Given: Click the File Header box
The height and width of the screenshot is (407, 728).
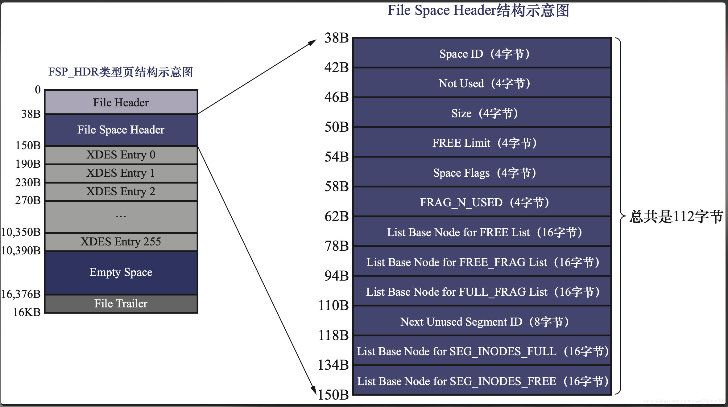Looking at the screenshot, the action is click(x=121, y=102).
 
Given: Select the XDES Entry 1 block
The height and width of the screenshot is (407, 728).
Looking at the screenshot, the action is click(x=121, y=173).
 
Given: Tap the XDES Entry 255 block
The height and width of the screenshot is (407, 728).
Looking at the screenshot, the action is click(x=121, y=241).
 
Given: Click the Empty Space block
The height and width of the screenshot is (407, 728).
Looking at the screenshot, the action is click(x=121, y=272).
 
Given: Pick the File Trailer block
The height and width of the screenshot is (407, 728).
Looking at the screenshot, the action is click(x=121, y=304).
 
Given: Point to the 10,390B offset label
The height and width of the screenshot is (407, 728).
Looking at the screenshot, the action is click(x=21, y=251).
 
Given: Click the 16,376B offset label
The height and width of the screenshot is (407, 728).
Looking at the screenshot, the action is click(x=21, y=294).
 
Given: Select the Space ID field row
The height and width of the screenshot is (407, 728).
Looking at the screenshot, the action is click(x=482, y=54).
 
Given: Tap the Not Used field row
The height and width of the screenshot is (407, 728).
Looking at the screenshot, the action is click(x=482, y=83).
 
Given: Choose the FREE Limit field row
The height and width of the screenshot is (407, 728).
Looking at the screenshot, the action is click(x=482, y=143).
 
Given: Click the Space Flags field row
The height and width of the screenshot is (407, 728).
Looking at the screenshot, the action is click(x=482, y=173).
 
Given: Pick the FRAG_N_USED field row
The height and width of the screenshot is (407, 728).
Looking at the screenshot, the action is click(x=482, y=202).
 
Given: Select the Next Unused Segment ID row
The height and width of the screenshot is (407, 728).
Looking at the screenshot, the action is click(x=482, y=322).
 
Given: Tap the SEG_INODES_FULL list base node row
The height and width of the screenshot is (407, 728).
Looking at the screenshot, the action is click(x=482, y=351).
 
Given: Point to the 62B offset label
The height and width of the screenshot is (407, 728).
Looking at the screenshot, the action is click(x=337, y=216).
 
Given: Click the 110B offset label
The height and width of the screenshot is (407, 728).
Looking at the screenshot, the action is click(x=333, y=306).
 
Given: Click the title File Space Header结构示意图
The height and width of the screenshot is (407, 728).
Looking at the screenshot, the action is click(x=478, y=10).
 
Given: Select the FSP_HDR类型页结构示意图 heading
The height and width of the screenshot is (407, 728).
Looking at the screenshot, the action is click(x=121, y=72).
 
